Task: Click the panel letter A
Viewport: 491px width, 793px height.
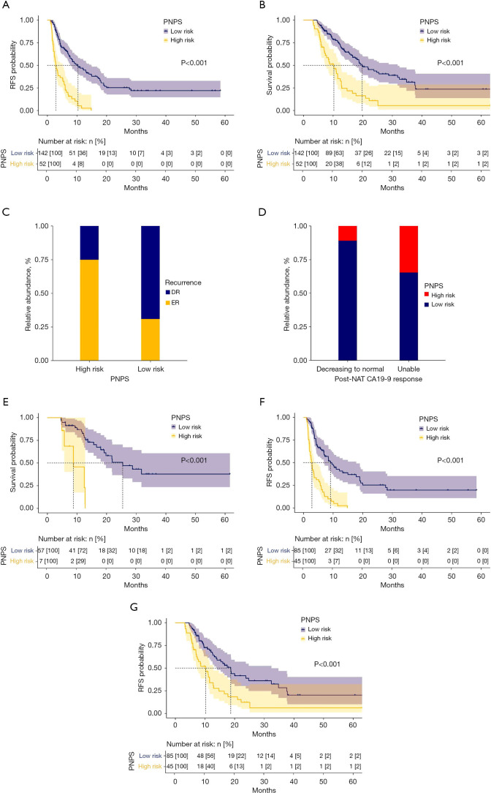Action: point(7,5)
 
